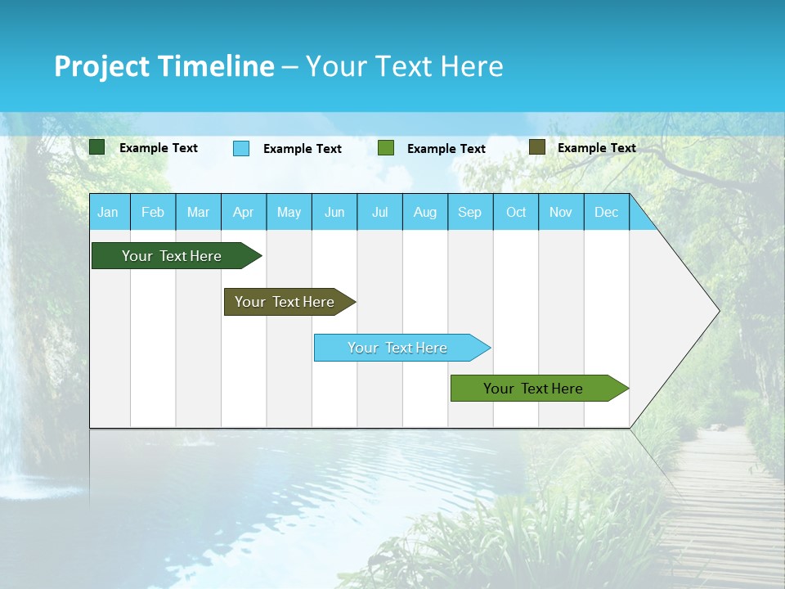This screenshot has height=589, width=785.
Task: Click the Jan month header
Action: [x=109, y=213]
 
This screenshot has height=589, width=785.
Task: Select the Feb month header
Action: [x=153, y=213]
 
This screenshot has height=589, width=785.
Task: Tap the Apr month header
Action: [x=244, y=213]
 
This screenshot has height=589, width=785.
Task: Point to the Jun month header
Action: [x=334, y=213]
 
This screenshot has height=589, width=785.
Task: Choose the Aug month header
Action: [x=425, y=213]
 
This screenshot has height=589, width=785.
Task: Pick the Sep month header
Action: [x=470, y=213]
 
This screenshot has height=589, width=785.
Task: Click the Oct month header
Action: [x=516, y=213]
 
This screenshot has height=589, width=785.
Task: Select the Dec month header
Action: [x=607, y=213]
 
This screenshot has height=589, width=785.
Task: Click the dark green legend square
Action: [x=97, y=147]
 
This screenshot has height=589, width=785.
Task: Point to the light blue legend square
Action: [x=241, y=148]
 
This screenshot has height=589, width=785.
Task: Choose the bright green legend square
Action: [x=386, y=148]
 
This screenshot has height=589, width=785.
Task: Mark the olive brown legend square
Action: [x=537, y=147]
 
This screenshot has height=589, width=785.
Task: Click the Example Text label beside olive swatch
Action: [x=596, y=148]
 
